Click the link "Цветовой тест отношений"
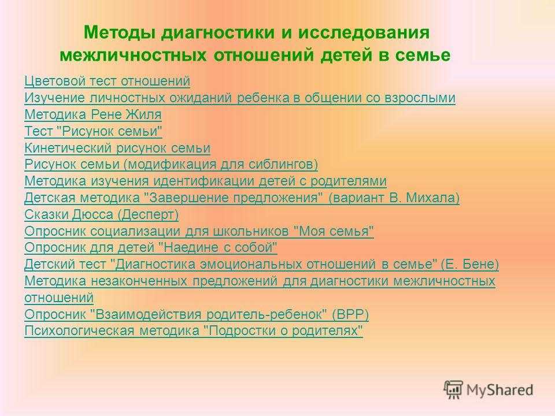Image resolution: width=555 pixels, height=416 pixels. (x=108, y=81)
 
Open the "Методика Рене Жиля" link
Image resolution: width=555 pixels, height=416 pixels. (x=93, y=114)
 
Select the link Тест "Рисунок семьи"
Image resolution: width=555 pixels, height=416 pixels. (x=94, y=131)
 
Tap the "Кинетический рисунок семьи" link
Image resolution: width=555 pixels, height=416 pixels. (x=117, y=148)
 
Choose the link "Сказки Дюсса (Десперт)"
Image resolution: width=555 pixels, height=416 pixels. (x=102, y=214)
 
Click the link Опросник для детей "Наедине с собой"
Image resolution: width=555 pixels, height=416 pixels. (x=151, y=247)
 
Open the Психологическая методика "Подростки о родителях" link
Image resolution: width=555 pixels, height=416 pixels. (x=194, y=330)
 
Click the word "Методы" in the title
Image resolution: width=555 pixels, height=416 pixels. (x=120, y=32)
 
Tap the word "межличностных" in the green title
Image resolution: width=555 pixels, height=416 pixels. (x=133, y=55)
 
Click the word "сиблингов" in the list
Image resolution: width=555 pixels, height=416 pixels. (x=281, y=165)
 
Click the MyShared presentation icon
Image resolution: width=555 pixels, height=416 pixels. (x=453, y=389)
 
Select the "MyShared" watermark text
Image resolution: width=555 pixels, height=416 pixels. (x=499, y=390)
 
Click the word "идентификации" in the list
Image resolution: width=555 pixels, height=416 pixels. (x=204, y=181)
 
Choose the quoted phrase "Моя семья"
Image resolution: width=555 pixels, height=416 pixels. (x=334, y=231)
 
